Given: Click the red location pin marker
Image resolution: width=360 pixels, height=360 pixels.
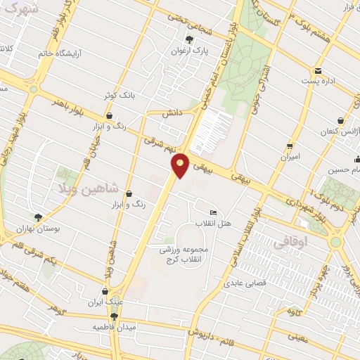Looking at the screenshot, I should pyautogui.click(x=181, y=165).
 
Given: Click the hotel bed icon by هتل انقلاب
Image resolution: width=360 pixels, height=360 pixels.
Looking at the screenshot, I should pyautogui.click(x=214, y=213).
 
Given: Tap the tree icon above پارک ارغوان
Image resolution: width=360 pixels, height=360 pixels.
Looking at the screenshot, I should pyautogui.click(x=188, y=39).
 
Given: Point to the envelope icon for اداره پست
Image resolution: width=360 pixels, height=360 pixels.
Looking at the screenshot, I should pyautogui.click(x=318, y=70).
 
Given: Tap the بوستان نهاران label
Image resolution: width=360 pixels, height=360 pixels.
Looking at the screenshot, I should pyautogui.click(x=38, y=230).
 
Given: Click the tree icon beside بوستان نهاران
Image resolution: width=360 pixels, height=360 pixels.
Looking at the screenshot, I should pyautogui.click(x=38, y=218).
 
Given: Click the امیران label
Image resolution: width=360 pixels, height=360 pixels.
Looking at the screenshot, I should pyautogui.click(x=290, y=157).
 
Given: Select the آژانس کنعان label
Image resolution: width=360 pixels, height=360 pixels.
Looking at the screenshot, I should pyautogui.click(x=340, y=131).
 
